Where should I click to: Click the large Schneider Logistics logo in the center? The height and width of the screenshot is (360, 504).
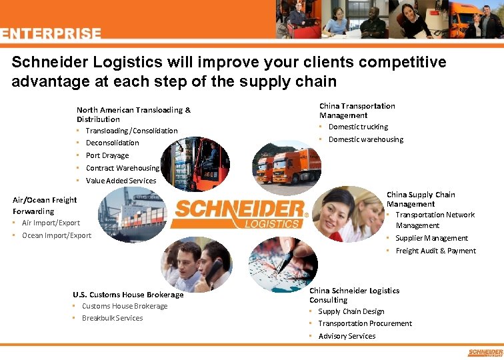(239, 213)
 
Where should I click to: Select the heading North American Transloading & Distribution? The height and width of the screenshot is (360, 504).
(133, 114)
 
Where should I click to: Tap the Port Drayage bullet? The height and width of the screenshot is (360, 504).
(107, 155)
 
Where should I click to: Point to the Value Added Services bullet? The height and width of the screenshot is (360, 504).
(121, 181)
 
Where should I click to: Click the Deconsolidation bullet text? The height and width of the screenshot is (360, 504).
(112, 143)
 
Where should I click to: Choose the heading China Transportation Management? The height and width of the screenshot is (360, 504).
(357, 110)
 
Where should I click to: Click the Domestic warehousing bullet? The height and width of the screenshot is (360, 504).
(365, 139)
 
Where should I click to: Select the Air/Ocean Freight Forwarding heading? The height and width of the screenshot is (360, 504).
(45, 205)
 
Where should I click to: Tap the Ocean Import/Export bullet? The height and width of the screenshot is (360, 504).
(57, 235)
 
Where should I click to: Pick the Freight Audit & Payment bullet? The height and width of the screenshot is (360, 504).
(435, 251)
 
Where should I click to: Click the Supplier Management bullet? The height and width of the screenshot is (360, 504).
(431, 238)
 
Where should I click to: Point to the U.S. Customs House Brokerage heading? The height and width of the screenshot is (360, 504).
(128, 295)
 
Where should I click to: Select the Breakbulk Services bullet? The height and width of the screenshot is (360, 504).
(112, 318)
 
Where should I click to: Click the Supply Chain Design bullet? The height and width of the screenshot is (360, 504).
(351, 311)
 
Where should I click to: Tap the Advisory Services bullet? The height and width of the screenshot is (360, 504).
(347, 336)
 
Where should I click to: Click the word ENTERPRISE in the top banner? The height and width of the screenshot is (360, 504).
(51, 34)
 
